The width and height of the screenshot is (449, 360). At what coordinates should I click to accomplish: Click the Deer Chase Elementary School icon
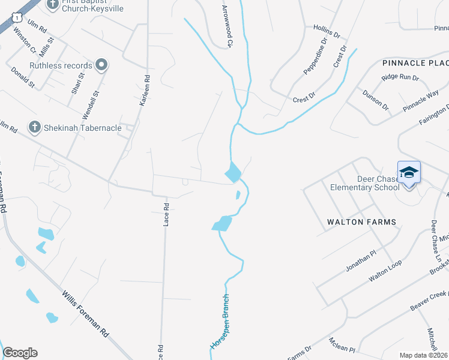pyautogui.click(x=409, y=173)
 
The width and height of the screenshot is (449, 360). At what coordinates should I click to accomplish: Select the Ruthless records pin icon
pyautogui.click(x=101, y=65)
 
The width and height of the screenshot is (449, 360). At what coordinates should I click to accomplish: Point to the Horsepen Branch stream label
pyautogui.click(x=220, y=322)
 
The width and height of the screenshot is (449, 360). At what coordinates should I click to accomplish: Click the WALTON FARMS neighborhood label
pyautogui.click(x=361, y=222)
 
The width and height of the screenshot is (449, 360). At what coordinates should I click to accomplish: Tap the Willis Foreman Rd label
pyautogui.click(x=85, y=313)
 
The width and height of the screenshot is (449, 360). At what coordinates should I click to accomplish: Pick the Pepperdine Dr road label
pyautogui.click(x=315, y=56)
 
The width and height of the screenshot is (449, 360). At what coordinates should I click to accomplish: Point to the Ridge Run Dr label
pyautogui.click(x=400, y=77)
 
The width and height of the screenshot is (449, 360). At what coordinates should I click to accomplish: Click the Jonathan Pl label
pyautogui.click(x=360, y=262)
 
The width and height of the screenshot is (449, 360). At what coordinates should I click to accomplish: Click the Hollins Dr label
pyautogui.click(x=327, y=28)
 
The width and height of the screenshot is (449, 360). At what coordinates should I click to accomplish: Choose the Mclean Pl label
pyautogui.click(x=342, y=346)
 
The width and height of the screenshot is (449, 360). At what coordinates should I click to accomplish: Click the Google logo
pyautogui.click(x=20, y=353)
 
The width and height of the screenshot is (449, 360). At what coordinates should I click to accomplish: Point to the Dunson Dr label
pyautogui.click(x=376, y=100)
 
